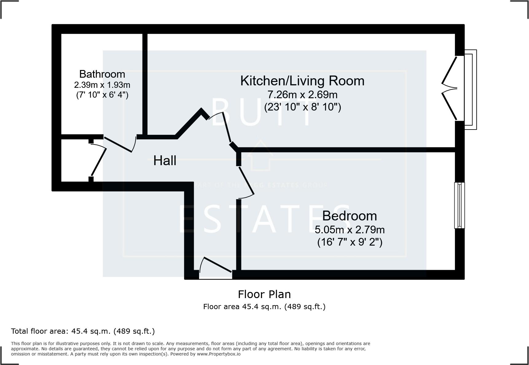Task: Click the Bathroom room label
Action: point(102,74)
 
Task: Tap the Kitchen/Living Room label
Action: point(302,81)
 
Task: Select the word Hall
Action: point(165,161)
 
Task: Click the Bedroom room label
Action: point(350,216)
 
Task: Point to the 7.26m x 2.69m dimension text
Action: point(302,95)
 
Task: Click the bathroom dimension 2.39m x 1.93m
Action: point(102,85)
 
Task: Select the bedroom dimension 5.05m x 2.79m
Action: point(350,230)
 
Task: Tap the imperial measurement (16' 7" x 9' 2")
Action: point(350,242)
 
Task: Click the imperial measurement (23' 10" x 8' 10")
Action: point(302,107)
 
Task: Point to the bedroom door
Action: point(246,181)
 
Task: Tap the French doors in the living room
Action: point(449,88)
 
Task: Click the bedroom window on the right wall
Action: point(459,205)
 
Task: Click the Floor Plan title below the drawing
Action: point(264,294)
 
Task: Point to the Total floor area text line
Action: point(83,331)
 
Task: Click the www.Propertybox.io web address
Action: point(219,354)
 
